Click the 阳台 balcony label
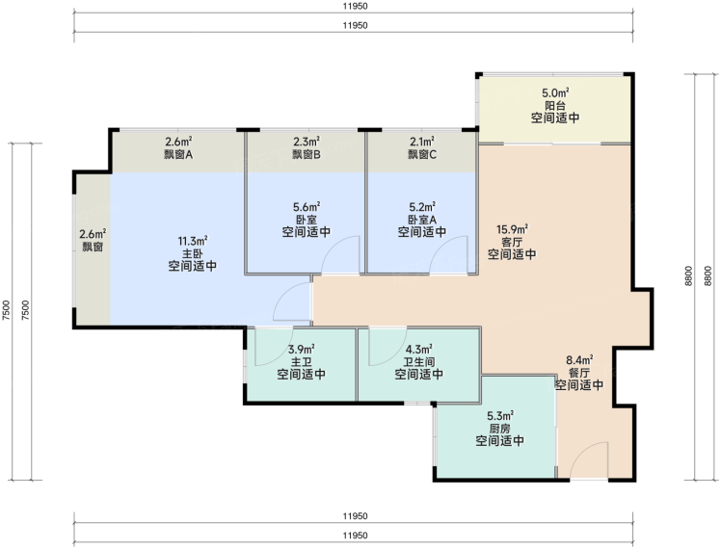[x=554, y=105]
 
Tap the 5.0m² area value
[x=555, y=92]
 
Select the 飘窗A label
[x=178, y=154]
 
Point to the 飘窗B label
[x=307, y=154]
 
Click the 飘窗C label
[x=422, y=154]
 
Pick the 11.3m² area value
[x=192, y=241]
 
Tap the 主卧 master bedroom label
[x=192, y=253]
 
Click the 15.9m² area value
[x=512, y=229]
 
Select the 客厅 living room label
[x=512, y=242]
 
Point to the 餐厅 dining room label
[x=579, y=373]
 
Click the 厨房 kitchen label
[x=500, y=429]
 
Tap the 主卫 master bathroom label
[x=301, y=362]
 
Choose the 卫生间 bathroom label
[x=418, y=362]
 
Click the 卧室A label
[x=422, y=220]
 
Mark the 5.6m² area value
[x=307, y=207]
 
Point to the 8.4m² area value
[x=579, y=360]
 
